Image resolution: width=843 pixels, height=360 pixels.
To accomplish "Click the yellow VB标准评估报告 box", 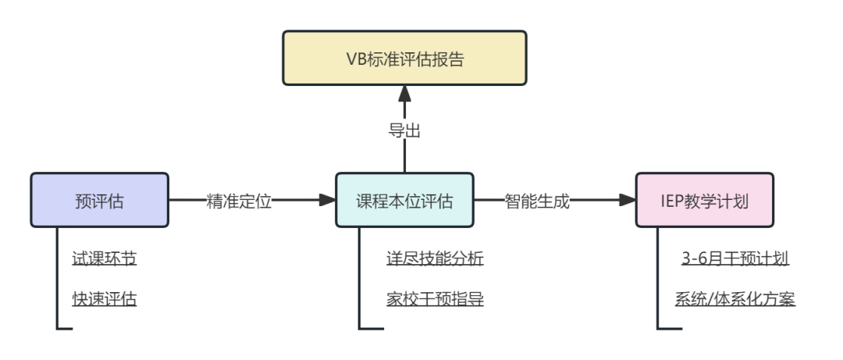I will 404,58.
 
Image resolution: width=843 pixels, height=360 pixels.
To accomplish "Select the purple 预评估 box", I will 99,201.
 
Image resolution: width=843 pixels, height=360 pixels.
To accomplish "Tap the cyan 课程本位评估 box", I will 404,201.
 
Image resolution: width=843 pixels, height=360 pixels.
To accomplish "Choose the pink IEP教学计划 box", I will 704,201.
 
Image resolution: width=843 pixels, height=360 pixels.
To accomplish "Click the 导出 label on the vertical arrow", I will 404,130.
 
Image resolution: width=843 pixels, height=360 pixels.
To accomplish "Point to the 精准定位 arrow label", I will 239,201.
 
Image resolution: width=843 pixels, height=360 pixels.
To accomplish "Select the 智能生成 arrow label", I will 537,201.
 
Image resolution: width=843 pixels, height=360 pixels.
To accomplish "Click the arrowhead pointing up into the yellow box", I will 404,94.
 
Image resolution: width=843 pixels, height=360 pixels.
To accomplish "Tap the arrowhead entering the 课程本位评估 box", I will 327,201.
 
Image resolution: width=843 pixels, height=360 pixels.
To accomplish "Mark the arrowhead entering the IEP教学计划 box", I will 628,201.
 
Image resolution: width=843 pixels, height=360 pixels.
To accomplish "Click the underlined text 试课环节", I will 104,258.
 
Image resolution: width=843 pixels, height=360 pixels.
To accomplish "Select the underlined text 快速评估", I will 104,298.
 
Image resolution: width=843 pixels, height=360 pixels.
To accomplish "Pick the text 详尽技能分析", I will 434,258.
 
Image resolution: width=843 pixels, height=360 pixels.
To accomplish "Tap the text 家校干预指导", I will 434,298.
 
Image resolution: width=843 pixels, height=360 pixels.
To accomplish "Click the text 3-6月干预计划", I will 735,258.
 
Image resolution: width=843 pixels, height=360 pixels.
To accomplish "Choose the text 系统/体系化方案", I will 735,298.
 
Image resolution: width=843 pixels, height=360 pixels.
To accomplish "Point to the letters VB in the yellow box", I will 355,59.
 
